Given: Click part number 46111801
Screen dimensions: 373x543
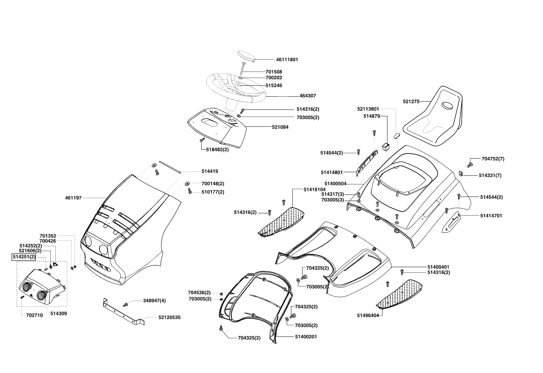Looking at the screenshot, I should coord(287,59).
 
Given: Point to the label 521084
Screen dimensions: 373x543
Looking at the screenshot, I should coord(280,127).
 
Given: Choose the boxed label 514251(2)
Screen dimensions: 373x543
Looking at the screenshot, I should coord(23,257).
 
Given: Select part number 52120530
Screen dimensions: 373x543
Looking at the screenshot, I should coord(169,317).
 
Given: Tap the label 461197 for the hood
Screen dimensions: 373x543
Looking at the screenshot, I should coord(73,198).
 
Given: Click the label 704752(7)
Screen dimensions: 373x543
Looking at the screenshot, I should coord(493,159).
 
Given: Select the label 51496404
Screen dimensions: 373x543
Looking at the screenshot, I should coord(368,315).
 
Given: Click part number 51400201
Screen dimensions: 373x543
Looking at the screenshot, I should coord(306,337).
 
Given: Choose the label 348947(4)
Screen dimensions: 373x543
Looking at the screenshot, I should coord(154,300).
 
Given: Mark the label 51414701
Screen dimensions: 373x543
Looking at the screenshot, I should coord(491,215).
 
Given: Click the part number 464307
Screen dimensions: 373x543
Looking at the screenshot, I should coord(308,96).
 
